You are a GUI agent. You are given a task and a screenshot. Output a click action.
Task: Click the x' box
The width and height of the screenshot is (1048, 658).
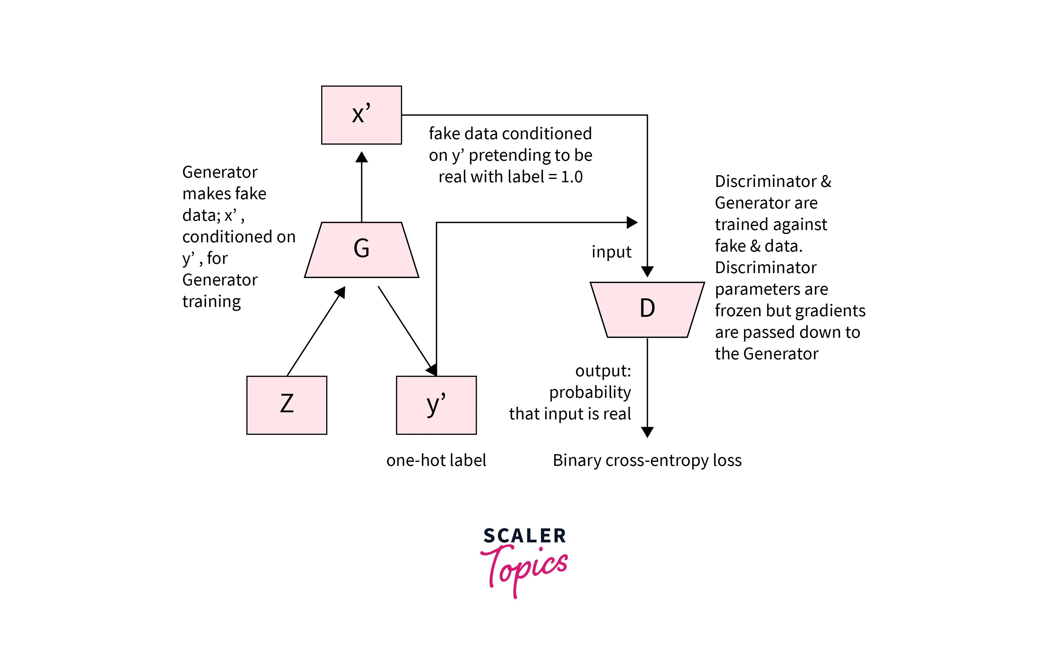[x=361, y=115]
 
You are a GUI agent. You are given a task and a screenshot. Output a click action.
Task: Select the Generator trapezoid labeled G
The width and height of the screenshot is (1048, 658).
[x=361, y=250]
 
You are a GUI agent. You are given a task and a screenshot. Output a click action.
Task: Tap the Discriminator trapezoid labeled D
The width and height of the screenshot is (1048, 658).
[x=647, y=309]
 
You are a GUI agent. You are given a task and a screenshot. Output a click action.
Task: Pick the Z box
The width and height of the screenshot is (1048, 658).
[x=286, y=405]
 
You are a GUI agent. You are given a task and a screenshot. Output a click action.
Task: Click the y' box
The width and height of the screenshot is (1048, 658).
[x=436, y=405]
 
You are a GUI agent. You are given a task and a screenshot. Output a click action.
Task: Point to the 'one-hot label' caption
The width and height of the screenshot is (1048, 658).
[x=436, y=460]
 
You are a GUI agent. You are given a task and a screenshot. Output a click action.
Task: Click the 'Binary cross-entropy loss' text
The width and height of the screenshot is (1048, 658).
[x=647, y=460]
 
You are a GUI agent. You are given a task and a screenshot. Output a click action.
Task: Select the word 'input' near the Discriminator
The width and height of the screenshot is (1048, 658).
[x=611, y=252]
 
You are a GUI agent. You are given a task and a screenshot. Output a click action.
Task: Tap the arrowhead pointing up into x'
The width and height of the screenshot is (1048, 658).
[x=362, y=157]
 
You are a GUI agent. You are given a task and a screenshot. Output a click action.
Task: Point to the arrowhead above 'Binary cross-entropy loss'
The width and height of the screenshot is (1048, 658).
[x=647, y=432]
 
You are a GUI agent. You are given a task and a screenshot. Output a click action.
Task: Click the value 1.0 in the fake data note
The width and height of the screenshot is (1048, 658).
[x=571, y=177]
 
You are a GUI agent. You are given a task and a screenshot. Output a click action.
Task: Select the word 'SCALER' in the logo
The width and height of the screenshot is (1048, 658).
[x=524, y=536]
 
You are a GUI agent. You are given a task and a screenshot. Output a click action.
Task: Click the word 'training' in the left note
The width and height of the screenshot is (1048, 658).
[x=211, y=301]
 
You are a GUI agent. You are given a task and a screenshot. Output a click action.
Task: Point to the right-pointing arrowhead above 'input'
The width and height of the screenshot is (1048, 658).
[x=632, y=223]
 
